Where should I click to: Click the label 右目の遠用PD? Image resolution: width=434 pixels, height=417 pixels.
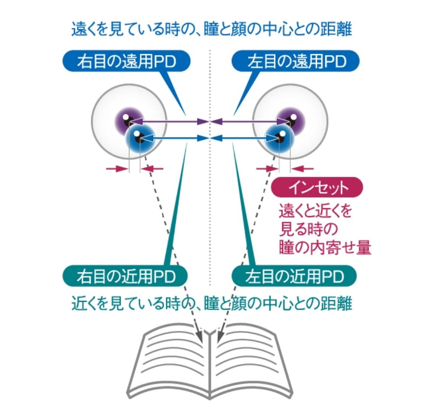click(x=126, y=62)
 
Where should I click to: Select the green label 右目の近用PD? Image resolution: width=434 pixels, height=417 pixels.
click(x=125, y=275)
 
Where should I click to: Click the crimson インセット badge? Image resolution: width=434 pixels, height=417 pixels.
click(x=316, y=188)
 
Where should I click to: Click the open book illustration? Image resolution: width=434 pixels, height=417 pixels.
click(x=210, y=361)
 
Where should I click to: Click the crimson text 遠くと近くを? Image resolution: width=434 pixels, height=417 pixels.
click(x=314, y=212)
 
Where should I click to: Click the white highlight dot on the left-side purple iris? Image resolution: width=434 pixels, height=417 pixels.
click(x=125, y=117)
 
